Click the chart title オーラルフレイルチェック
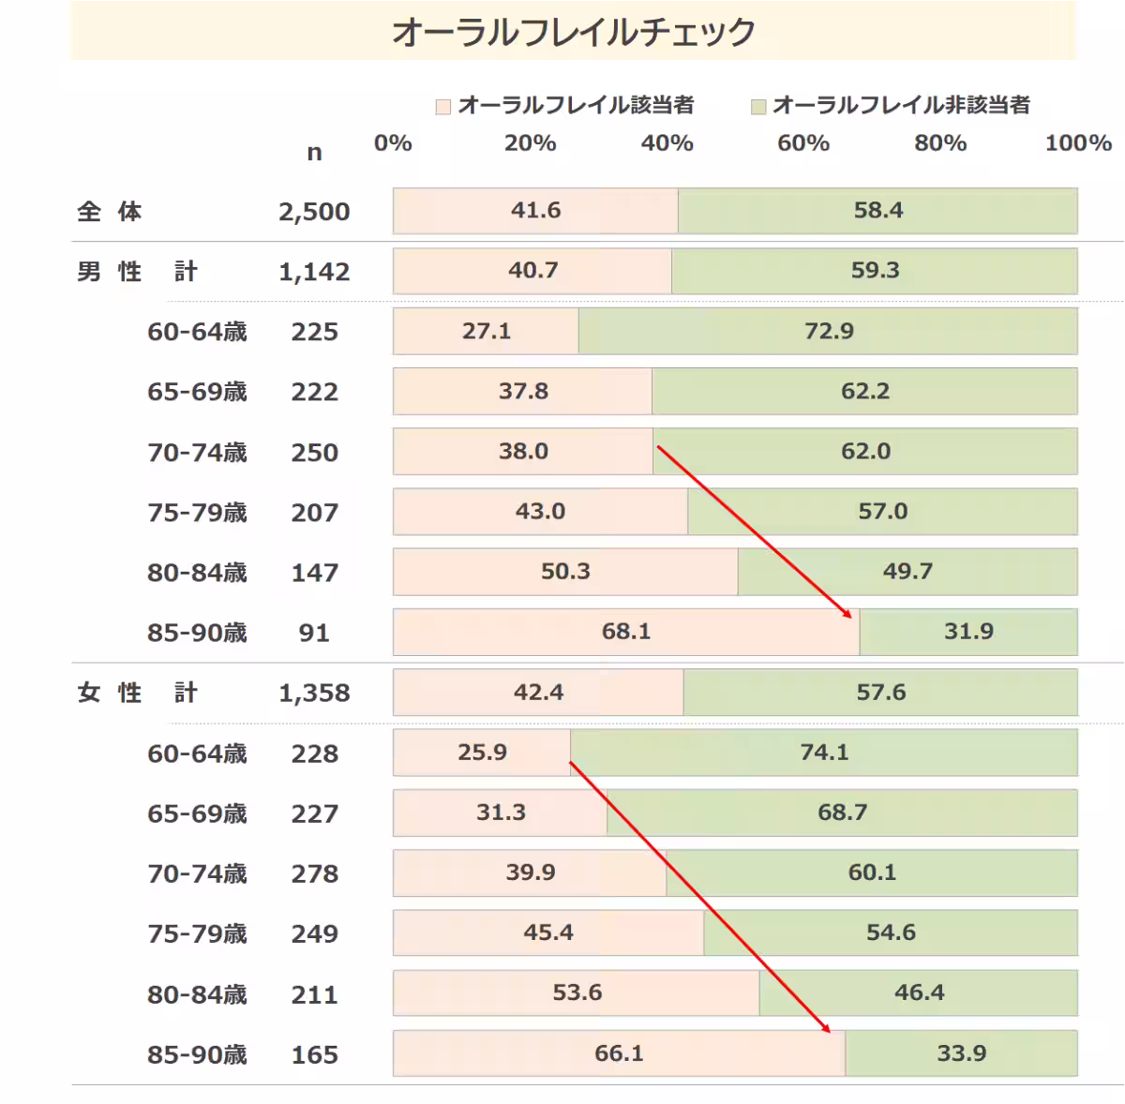(573, 32)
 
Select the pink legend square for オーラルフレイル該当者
(443, 107)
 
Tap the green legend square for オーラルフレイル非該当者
(758, 107)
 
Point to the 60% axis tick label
(803, 143)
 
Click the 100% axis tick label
(1077, 143)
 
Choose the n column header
(314, 152)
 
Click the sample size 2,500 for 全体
(314, 212)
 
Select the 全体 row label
(109, 212)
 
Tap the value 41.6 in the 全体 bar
(535, 210)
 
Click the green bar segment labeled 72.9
(828, 331)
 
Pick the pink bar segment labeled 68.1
(625, 632)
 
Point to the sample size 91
(314, 634)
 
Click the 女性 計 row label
(137, 694)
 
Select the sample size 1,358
(314, 694)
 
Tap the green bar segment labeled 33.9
(961, 1053)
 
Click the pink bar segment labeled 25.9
(482, 753)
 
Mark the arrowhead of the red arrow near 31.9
(848, 615)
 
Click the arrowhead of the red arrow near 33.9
(828, 1029)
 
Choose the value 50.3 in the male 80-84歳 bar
(565, 572)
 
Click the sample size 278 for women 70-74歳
(314, 874)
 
